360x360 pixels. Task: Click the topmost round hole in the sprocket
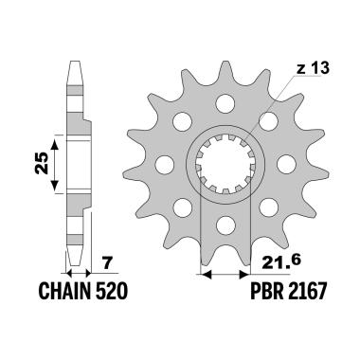225,102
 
